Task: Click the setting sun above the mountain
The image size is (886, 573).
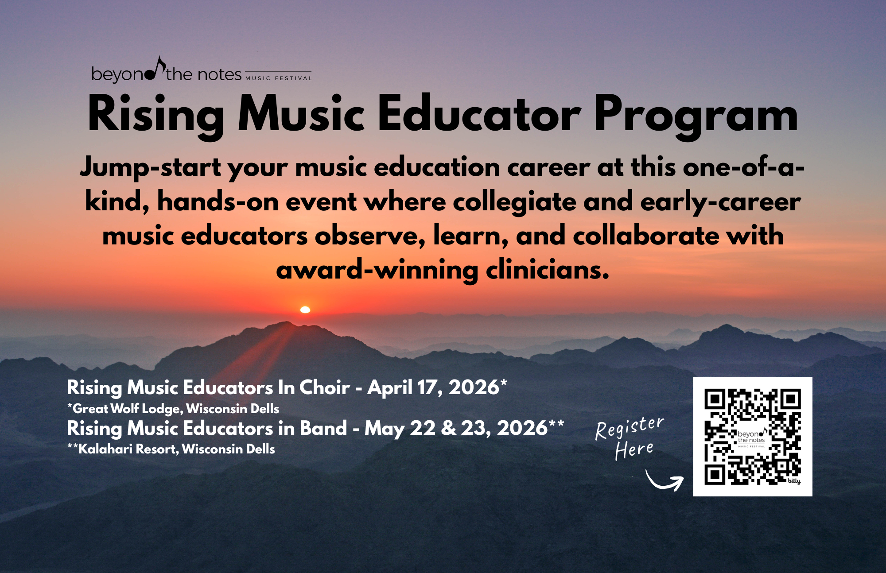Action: point(305,310)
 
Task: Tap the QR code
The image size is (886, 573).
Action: point(753,437)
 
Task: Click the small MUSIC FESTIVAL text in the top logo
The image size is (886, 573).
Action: point(279,78)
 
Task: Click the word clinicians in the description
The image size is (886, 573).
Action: point(548,270)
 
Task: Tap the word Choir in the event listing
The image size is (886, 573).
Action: point(325,387)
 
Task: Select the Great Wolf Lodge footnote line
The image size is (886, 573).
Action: point(173,409)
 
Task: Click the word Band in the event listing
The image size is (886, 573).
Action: point(323,428)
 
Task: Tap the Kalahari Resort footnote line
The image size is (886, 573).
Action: point(171,449)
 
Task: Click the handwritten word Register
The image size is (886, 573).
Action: point(630,428)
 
